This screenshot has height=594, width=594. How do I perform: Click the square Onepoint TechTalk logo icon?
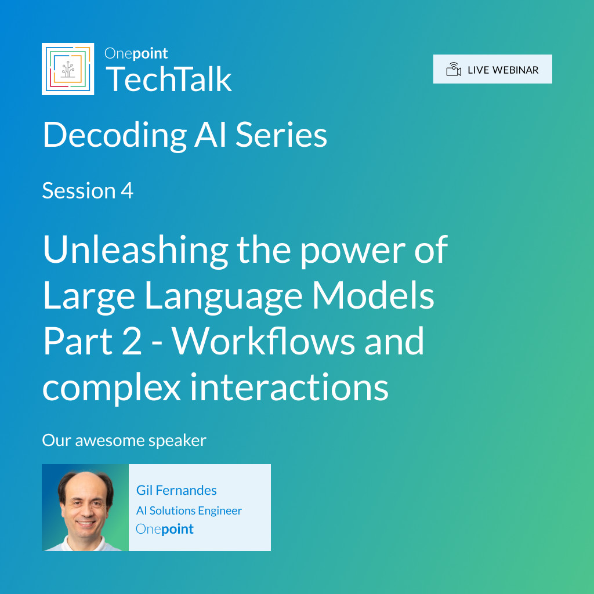pos(68,69)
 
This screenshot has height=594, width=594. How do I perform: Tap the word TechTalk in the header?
pos(169,79)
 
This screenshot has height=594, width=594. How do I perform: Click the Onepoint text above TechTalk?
pos(136,53)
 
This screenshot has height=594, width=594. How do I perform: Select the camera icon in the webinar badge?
pos(454,70)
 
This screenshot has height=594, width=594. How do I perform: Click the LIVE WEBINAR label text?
pos(503,70)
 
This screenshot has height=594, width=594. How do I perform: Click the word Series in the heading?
pos(281,135)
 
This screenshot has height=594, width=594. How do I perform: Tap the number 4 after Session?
pos(127,190)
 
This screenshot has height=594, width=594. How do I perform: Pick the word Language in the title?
pos(223,297)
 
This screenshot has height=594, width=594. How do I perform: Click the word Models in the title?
pos(373,295)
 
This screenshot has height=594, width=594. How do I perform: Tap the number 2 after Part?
pos(132,342)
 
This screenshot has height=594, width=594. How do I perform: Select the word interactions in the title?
pos(289,387)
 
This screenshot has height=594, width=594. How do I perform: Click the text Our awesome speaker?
pos(124,441)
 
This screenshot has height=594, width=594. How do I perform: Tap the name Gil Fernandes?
pos(176,491)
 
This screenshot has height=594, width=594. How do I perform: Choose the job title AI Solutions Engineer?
pos(189,511)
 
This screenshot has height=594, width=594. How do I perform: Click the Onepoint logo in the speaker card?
pos(164,530)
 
